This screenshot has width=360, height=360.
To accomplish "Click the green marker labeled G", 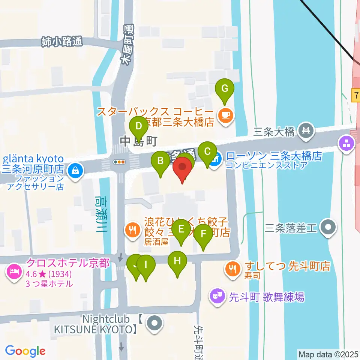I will coord(225,89).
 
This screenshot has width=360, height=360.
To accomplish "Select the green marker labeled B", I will coord(160,161).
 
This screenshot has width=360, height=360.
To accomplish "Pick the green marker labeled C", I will coord(207,152).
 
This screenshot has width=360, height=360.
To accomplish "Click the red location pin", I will coord(183,168).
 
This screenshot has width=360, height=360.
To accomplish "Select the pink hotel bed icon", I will coord(15,270).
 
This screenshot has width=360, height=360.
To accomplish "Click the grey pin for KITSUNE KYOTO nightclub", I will coord(154,324).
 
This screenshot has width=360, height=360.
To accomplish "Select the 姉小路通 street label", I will coord(62,41).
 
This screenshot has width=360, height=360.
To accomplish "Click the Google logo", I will coord(25,351).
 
